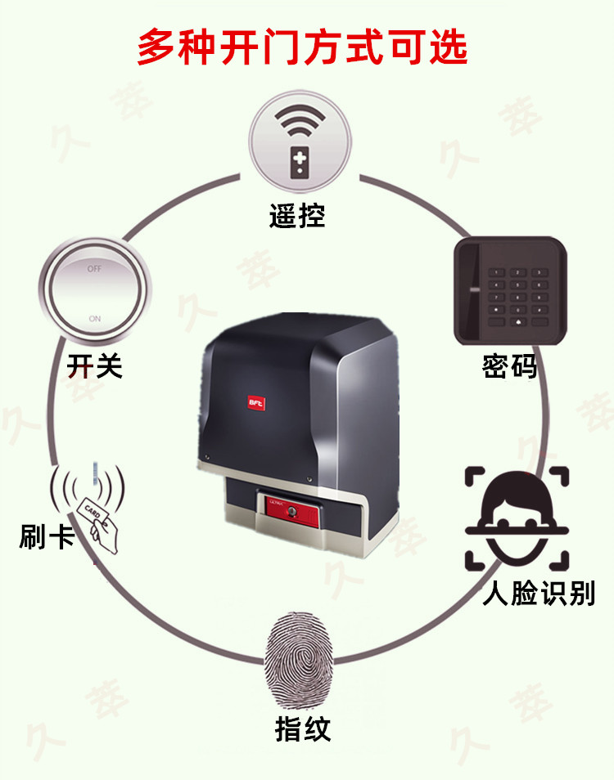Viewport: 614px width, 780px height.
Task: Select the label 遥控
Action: tap(297, 216)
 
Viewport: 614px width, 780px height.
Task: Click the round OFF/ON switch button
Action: tap(96, 292)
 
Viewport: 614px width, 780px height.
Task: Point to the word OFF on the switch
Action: tap(95, 268)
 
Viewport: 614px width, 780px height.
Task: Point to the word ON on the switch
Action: tap(95, 318)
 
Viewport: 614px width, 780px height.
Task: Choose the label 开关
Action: tap(95, 365)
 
